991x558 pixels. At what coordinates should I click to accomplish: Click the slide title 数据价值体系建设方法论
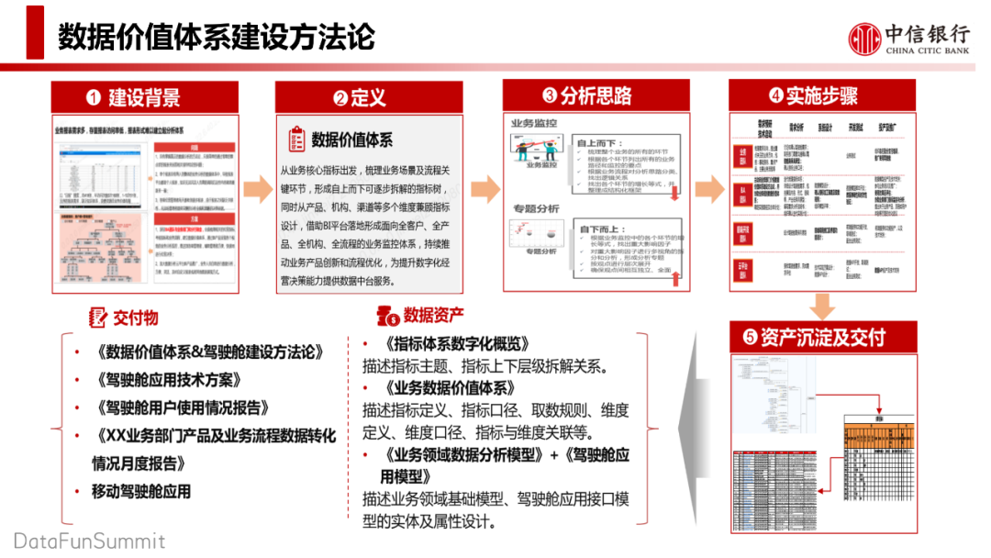[217, 38]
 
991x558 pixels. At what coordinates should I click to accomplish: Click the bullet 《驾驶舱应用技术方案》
[168, 380]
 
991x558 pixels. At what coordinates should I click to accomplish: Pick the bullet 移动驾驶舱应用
[141, 491]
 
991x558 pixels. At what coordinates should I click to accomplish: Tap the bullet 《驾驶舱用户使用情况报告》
[181, 407]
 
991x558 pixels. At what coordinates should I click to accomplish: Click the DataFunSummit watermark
[89, 541]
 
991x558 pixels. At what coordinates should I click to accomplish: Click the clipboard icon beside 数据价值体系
[296, 139]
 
